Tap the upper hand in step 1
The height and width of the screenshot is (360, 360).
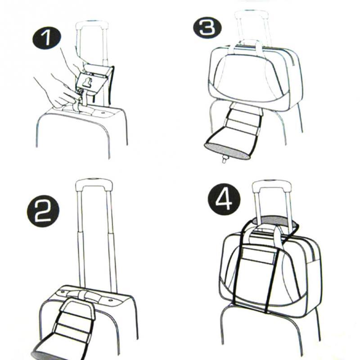(x=72, y=58)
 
